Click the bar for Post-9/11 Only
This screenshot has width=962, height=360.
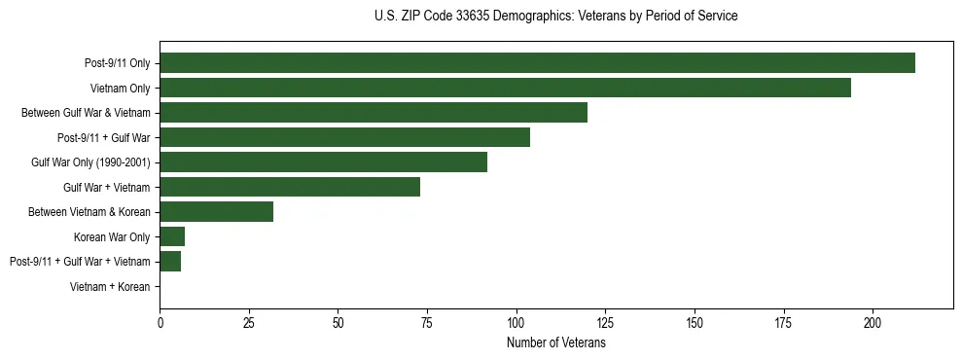(537, 63)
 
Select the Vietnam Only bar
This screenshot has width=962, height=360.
(505, 88)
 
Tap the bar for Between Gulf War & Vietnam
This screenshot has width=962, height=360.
(374, 113)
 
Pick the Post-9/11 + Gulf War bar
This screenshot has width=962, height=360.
(344, 137)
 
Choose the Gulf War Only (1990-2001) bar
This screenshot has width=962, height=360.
(323, 162)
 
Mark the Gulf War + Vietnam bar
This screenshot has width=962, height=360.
(290, 187)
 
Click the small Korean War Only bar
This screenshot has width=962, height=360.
(172, 236)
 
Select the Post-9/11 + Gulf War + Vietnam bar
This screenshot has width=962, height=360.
(170, 261)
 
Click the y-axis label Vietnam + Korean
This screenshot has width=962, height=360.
(110, 286)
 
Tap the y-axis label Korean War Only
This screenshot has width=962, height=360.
(112, 236)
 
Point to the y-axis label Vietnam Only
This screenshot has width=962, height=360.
(120, 89)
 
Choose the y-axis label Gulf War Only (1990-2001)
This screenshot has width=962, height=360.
(90, 162)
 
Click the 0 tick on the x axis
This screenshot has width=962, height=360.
(160, 322)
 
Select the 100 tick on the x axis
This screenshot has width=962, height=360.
(517, 322)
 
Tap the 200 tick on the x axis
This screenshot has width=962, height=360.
(873, 322)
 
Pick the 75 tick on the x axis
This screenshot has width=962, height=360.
(427, 322)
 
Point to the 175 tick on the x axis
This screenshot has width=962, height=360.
(784, 322)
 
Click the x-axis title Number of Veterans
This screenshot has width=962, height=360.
(555, 342)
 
